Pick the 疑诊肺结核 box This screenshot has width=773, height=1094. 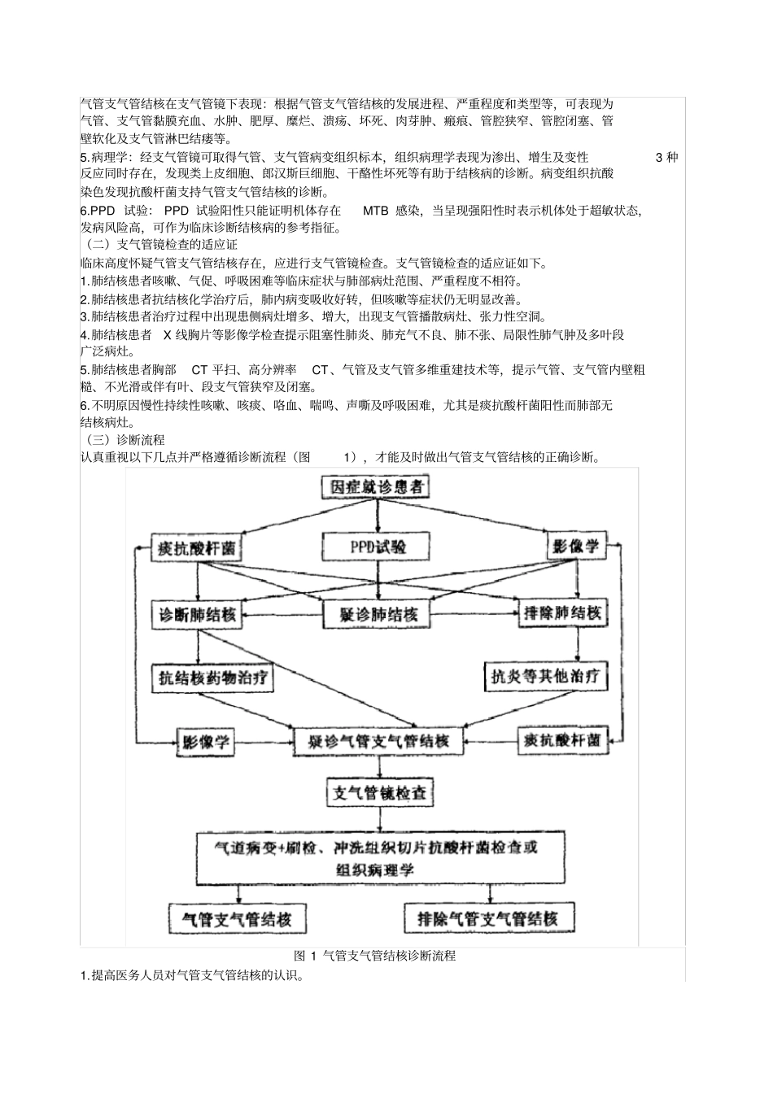point(378,614)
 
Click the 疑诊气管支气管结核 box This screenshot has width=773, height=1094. point(378,741)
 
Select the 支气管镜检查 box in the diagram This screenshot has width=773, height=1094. point(378,793)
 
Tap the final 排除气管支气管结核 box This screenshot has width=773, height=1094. point(487,919)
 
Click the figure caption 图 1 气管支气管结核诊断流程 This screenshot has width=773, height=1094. point(374,956)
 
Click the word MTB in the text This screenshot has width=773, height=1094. point(375,211)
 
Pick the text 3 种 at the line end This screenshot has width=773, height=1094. point(666,157)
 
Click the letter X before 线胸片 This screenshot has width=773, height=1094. point(168,334)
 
